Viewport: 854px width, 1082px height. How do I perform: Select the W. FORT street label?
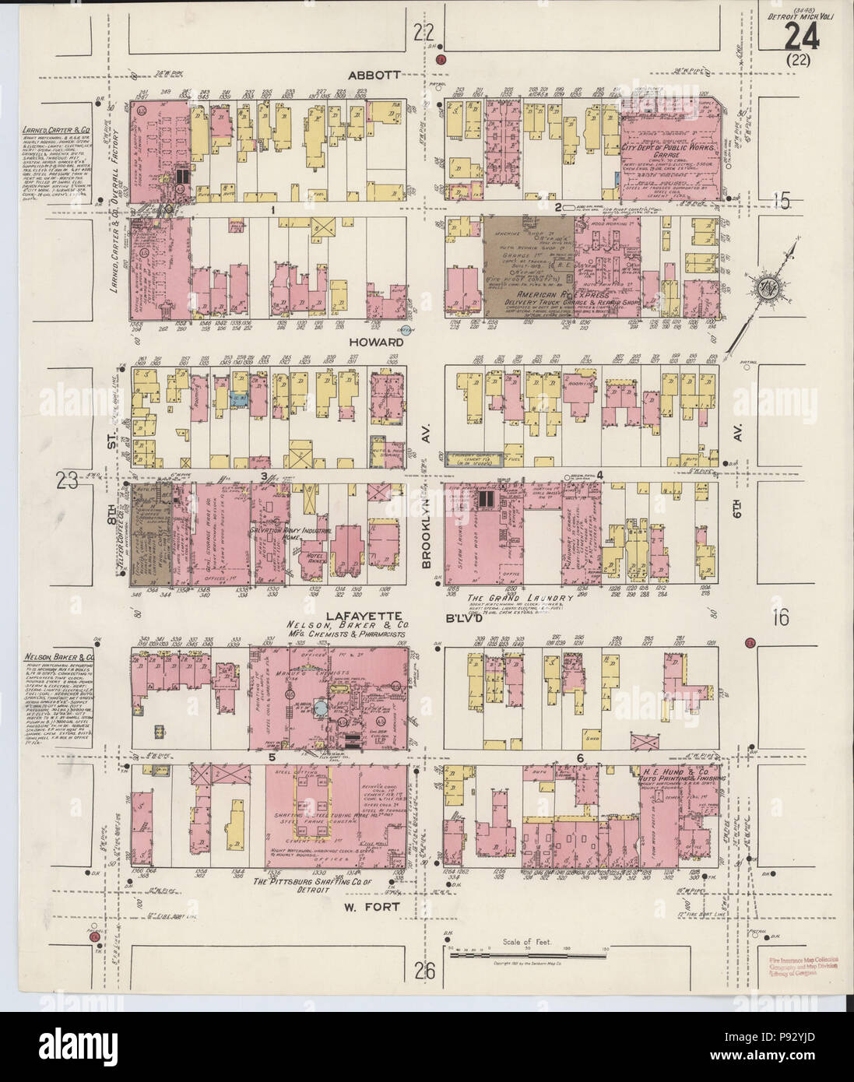coord(375,907)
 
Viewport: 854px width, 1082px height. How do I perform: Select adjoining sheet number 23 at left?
coord(69,482)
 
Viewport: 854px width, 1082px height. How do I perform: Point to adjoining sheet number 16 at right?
coord(780,618)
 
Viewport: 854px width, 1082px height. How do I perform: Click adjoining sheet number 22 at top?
coord(424,33)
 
